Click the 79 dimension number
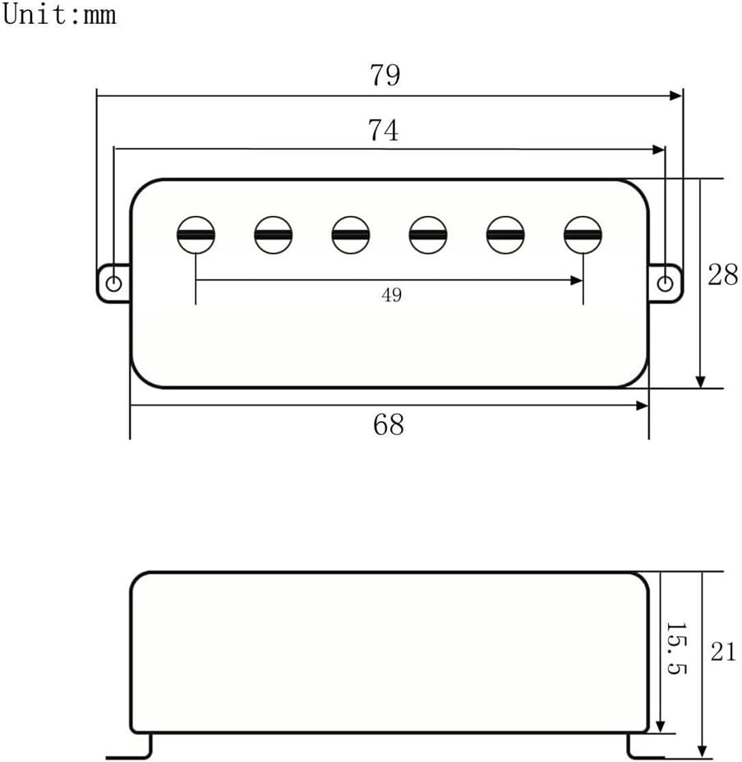(385, 75)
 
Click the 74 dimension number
(383, 130)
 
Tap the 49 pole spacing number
(391, 296)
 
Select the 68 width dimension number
(389, 425)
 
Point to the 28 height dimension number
(722, 275)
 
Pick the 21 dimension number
(723, 652)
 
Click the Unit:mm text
(59, 14)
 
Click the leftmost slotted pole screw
(196, 236)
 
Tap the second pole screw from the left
(273, 236)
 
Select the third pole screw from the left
(351, 236)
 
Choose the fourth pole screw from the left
(428, 236)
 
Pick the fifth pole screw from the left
(505, 236)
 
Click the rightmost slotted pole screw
(583, 236)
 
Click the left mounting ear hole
(114, 283)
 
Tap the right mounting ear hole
(666, 283)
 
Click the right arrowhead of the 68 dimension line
(643, 405)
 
